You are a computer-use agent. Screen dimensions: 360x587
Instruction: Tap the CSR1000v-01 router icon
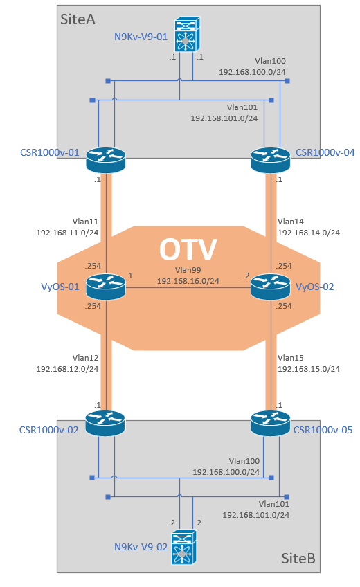(106, 160)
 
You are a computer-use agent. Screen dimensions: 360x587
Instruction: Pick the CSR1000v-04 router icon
(270, 160)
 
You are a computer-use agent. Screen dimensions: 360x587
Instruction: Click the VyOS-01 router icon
(106, 287)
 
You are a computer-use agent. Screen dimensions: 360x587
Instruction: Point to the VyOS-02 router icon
(270, 287)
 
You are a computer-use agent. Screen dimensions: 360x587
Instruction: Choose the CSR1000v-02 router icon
(105, 423)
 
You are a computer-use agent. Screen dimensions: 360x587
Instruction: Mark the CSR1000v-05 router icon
(270, 423)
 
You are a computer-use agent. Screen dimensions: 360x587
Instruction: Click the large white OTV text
(188, 249)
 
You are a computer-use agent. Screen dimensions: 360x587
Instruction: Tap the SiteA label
(78, 19)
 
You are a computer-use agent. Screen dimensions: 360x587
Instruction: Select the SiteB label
(298, 558)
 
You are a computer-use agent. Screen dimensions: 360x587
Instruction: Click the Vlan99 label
(188, 270)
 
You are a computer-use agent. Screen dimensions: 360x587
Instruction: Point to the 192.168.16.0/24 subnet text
(188, 281)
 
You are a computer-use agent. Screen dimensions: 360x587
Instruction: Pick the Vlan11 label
(85, 222)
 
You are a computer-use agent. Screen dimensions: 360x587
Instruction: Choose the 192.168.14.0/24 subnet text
(309, 233)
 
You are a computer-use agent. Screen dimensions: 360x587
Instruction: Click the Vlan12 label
(85, 358)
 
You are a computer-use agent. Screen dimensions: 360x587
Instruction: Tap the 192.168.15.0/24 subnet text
(309, 369)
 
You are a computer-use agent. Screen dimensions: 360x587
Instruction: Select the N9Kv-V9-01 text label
(141, 37)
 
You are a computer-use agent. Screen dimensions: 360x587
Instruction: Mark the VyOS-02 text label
(315, 287)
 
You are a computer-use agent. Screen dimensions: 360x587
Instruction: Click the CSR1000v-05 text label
(323, 430)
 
